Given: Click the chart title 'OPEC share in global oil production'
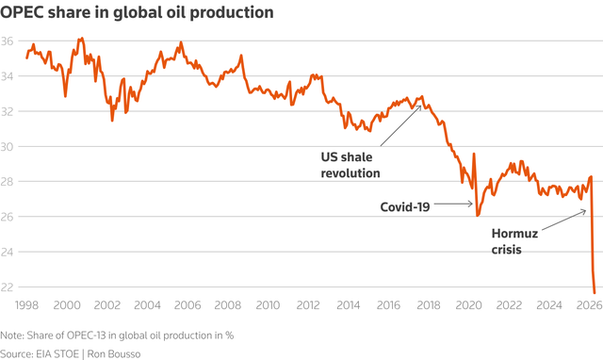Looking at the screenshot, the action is point(137,12).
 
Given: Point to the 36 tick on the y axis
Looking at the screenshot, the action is point(7,41).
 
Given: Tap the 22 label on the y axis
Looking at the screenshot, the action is point(7,287).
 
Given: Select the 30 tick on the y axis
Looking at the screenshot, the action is point(7,146).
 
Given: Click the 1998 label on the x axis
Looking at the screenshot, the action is point(26,305).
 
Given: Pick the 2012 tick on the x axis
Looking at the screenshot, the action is point(308,305).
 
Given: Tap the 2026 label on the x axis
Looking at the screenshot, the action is point(589,305).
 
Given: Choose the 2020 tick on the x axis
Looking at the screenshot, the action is point(469,305).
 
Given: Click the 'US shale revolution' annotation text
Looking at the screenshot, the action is point(350,165).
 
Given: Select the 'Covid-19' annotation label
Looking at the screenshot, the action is point(405,207).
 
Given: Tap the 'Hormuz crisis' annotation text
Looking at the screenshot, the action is point(514,241).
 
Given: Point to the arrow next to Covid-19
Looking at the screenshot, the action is point(454,204).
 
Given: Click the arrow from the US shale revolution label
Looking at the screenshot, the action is point(401,125).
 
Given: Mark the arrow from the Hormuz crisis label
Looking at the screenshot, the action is point(564,220).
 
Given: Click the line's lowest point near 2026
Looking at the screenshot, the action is point(595,293).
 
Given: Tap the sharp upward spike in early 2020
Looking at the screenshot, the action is point(474,154).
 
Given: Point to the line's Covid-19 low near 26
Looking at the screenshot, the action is point(478,216).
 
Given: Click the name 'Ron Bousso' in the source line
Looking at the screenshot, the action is point(114,353).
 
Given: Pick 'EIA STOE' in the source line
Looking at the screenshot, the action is point(57,353).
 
